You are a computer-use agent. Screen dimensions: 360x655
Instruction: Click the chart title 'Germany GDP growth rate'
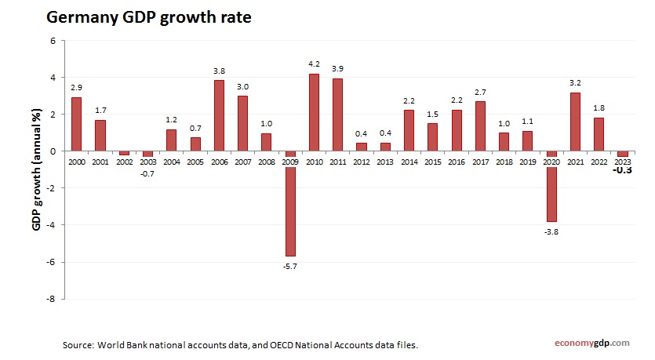pos(149,17)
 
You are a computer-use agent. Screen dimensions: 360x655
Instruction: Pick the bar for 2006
pos(219,115)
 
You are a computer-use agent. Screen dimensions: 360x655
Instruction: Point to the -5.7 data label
pos(290,267)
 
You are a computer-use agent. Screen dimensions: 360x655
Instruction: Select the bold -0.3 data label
pos(624,170)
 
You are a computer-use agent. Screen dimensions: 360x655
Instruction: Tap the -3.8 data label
pos(551,232)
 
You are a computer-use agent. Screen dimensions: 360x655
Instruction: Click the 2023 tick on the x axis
pos(623,160)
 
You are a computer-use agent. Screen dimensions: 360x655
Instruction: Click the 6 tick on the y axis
pos(53,41)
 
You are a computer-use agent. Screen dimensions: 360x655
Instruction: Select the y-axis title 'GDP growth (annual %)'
pos(36,169)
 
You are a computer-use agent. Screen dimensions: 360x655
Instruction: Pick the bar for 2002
pos(124,153)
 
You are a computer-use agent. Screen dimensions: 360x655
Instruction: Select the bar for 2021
pos(575,122)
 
